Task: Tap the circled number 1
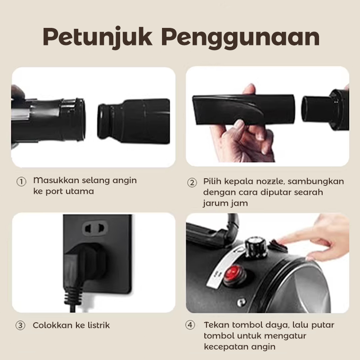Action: click(x=21, y=182)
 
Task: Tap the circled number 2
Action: click(x=192, y=183)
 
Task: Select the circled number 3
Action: click(x=20, y=325)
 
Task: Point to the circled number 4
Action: click(x=190, y=325)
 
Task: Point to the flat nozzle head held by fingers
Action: click(x=243, y=109)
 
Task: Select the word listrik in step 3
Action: click(x=99, y=325)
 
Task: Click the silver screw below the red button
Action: click(x=241, y=302)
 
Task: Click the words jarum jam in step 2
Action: click(x=225, y=203)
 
